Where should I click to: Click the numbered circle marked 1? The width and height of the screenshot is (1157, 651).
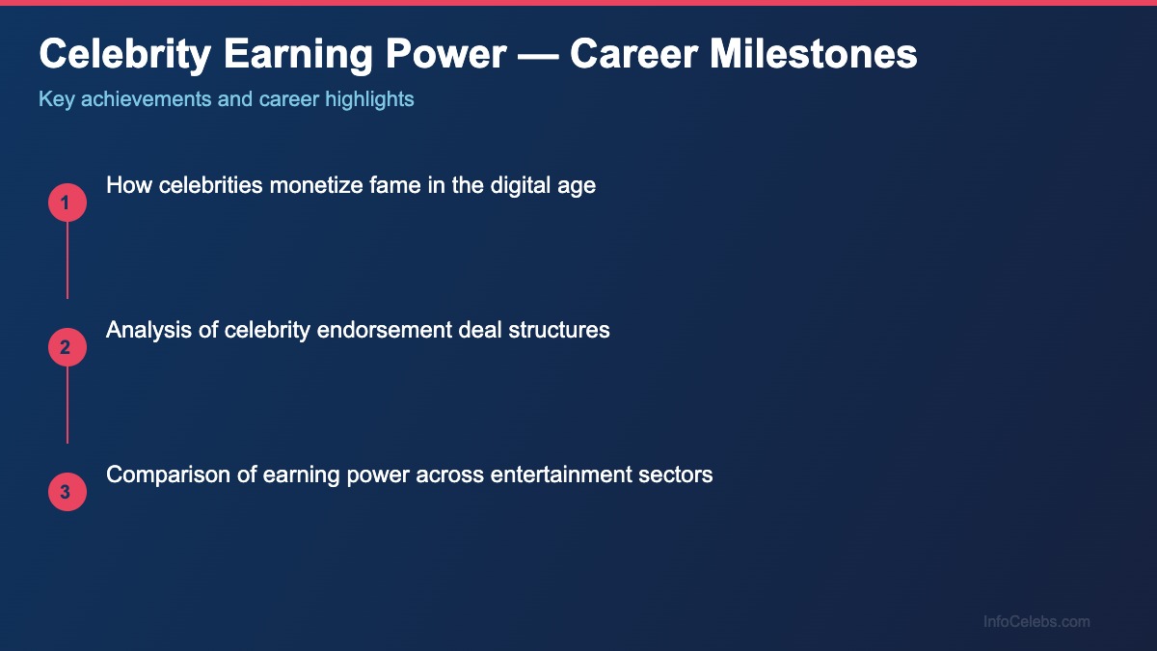[67, 203]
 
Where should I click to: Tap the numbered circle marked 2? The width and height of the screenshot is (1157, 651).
[67, 347]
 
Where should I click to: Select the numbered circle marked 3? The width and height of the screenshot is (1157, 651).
[67, 492]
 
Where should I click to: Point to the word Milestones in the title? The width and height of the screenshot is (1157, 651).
[814, 54]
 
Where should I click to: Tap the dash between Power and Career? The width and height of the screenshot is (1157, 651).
[537, 54]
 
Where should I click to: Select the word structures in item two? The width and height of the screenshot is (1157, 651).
[561, 329]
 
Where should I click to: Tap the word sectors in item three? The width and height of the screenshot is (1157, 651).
[679, 474]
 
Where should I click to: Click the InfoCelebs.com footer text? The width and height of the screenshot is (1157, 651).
[1036, 621]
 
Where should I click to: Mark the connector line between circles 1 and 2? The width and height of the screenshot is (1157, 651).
[67, 260]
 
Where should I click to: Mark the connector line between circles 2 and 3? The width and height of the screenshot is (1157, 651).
[67, 405]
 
